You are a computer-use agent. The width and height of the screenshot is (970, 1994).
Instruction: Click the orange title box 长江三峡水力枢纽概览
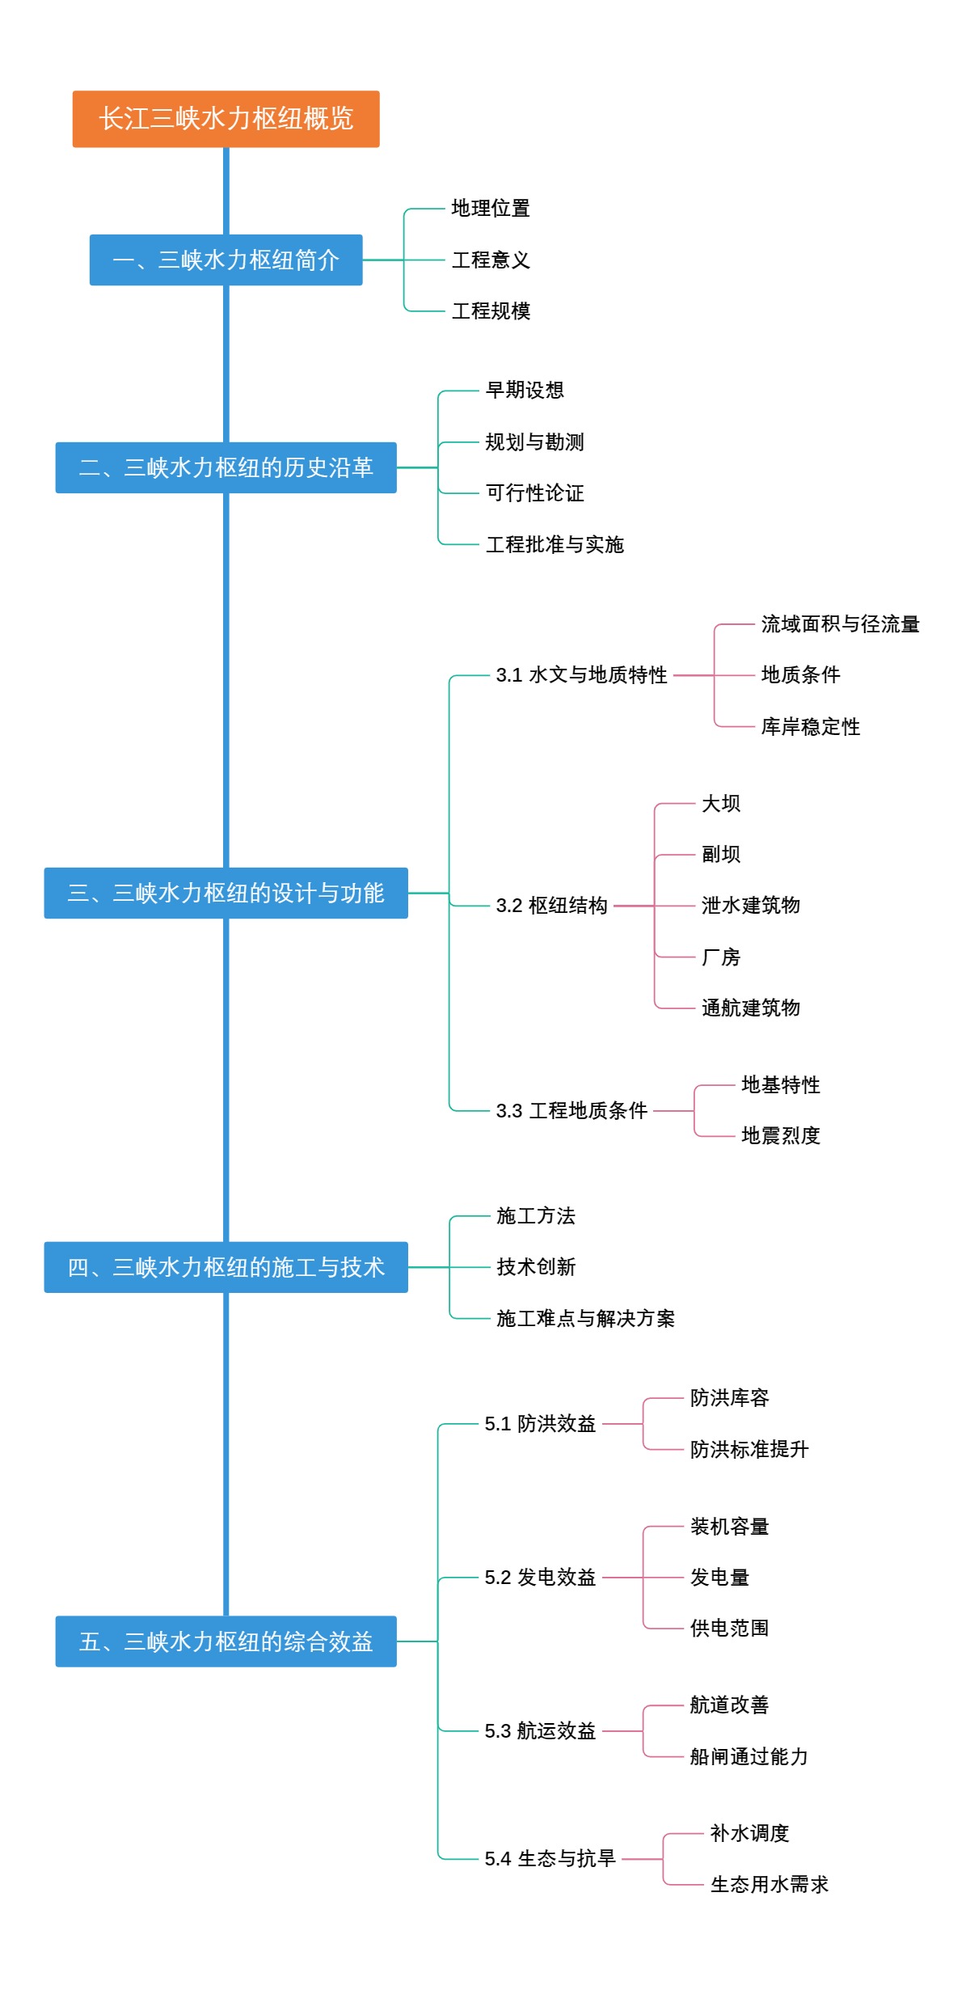pyautogui.click(x=226, y=119)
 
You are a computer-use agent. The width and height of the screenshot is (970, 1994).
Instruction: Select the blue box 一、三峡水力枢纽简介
pyautogui.click(x=226, y=260)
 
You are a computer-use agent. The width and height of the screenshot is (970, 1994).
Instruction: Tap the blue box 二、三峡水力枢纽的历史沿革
pyautogui.click(x=226, y=467)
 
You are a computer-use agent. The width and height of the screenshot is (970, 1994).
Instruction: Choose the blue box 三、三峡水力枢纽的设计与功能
pyautogui.click(x=226, y=893)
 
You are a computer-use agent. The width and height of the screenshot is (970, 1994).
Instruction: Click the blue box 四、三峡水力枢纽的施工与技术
pyautogui.click(x=226, y=1267)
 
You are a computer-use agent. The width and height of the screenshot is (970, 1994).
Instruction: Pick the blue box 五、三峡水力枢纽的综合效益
pyautogui.click(x=226, y=1641)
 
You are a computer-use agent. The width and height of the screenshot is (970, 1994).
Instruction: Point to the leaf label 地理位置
pyautogui.click(x=491, y=209)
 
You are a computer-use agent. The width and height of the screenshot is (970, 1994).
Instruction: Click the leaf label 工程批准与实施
pyautogui.click(x=555, y=544)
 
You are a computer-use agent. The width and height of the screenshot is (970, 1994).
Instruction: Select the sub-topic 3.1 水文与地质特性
pyautogui.click(x=581, y=675)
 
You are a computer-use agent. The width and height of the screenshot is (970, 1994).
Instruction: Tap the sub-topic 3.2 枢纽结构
pyautogui.click(x=551, y=906)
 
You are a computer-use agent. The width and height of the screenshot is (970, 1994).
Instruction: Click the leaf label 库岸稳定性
pyautogui.click(x=810, y=727)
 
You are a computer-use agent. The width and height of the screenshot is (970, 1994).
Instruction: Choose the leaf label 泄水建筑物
pyautogui.click(x=750, y=906)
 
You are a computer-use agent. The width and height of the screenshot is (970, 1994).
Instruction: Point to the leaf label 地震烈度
pyautogui.click(x=780, y=1136)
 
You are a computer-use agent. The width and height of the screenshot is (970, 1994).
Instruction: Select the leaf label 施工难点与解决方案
pyautogui.click(x=585, y=1319)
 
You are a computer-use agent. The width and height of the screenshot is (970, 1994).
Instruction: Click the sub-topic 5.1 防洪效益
pyautogui.click(x=540, y=1424)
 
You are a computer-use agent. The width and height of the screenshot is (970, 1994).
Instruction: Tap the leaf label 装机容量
pyautogui.click(x=729, y=1527)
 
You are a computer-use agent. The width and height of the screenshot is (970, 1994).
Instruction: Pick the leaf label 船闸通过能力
pyautogui.click(x=749, y=1757)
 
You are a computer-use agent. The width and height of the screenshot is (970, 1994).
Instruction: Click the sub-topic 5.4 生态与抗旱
pyautogui.click(x=550, y=1859)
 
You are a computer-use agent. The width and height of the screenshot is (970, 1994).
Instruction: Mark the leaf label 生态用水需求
pyautogui.click(x=769, y=1885)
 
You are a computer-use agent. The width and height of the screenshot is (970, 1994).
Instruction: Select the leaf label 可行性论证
pyautogui.click(x=534, y=493)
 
